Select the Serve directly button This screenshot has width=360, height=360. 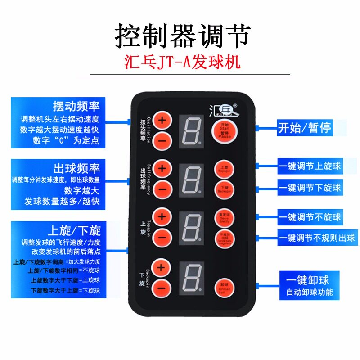click(x=224, y=217)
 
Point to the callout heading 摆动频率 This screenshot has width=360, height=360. click(x=76, y=106)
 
